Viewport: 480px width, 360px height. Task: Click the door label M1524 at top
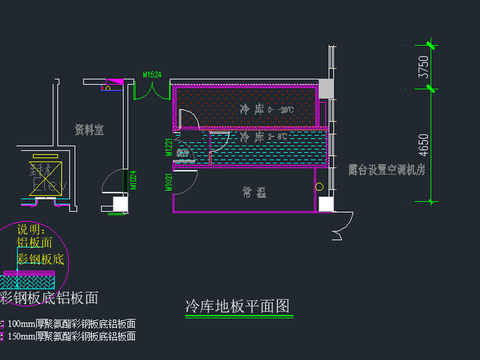pos(152,74)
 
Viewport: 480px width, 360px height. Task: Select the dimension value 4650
pos(424,145)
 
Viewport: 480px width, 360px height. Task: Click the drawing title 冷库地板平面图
pos(238,305)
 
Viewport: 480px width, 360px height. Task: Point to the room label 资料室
pos(90,129)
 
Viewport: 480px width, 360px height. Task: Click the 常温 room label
pos(253,190)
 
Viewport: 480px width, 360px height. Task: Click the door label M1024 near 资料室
pos(133,180)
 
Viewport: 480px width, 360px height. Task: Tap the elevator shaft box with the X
pos(44,180)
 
